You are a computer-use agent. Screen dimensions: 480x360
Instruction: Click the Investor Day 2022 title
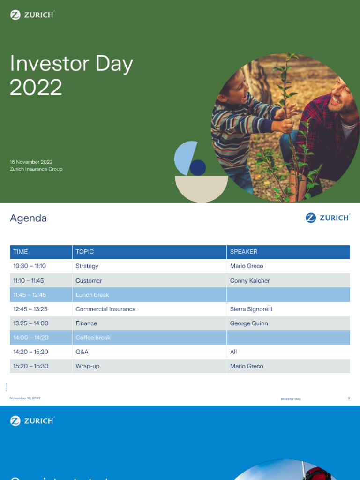point(71,75)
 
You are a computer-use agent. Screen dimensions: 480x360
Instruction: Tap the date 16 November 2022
point(31,162)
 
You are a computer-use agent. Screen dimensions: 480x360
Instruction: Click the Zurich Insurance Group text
point(36,169)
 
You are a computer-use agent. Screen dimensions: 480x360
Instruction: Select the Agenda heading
point(28,218)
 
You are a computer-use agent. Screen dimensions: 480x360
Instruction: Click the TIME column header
point(21,252)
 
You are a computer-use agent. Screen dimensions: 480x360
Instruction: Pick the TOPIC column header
point(85,252)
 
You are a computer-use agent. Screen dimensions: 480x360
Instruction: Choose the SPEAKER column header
point(244,252)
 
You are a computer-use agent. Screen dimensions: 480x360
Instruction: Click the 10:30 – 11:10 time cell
point(30,266)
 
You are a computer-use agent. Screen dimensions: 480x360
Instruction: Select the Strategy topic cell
point(87,266)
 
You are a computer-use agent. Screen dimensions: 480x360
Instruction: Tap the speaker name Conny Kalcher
point(250,281)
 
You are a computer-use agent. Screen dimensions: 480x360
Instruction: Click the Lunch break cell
point(92,295)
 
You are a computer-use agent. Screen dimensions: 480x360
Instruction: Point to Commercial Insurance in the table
point(105,309)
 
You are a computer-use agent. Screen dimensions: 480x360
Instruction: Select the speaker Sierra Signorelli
point(251,309)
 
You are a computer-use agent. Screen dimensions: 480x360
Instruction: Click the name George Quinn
point(249,323)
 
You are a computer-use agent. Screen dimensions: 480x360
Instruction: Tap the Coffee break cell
point(93,337)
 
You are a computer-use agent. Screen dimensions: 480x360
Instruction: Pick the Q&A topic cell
point(82,352)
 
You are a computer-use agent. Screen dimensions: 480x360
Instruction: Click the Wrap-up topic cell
point(88,366)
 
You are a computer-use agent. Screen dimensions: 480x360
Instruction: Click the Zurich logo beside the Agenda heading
point(328,217)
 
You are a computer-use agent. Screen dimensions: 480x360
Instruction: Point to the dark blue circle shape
point(198,167)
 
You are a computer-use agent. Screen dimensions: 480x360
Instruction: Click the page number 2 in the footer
point(349,398)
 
